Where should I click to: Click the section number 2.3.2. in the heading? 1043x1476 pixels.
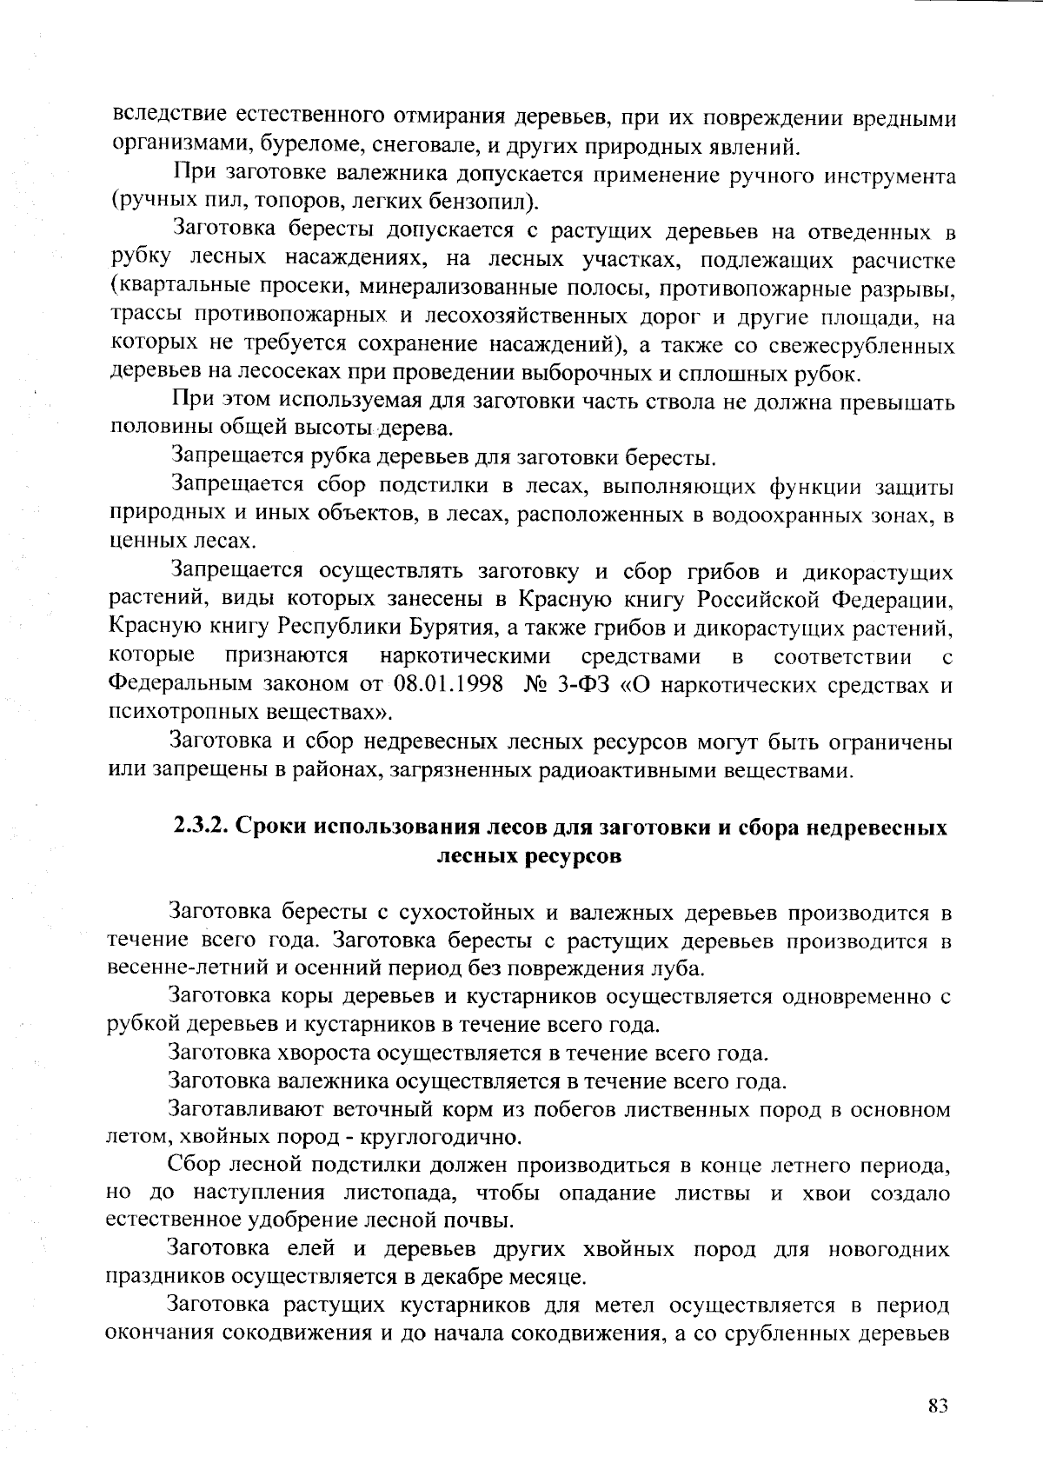point(198,827)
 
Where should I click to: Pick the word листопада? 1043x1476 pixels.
point(393,1193)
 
